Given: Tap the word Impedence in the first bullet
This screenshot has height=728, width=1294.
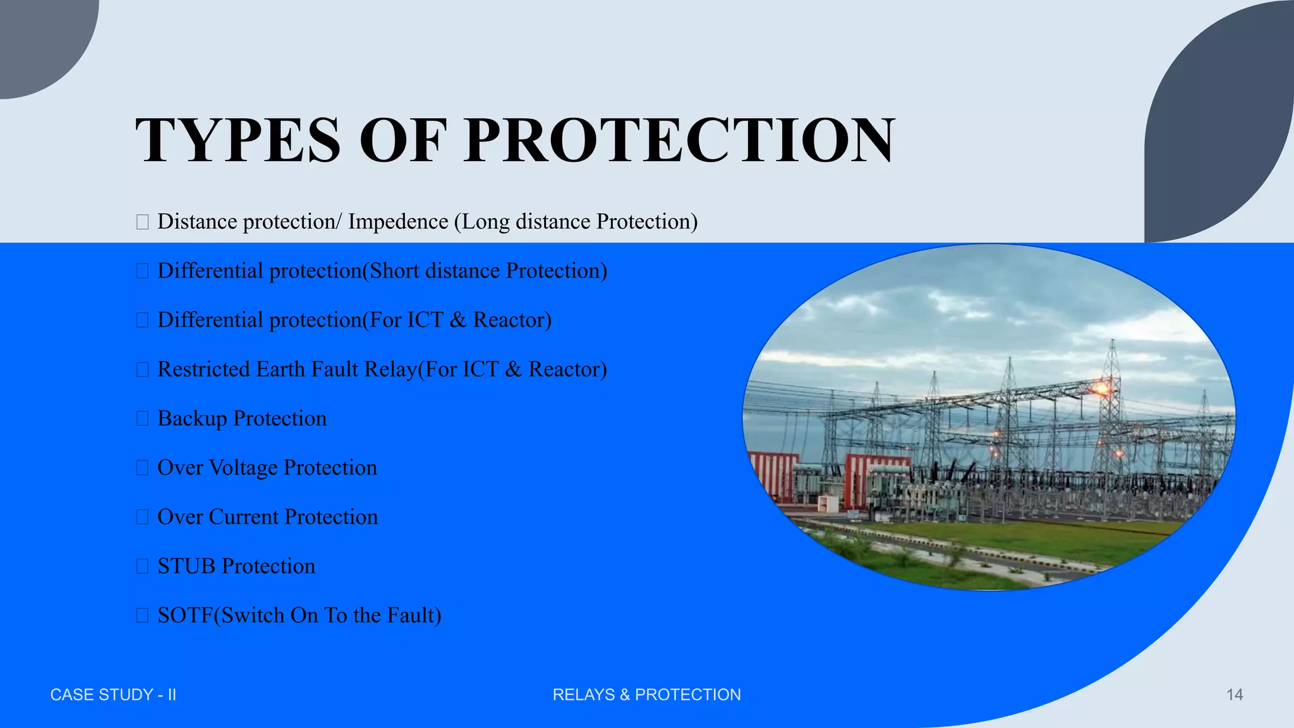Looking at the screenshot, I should tap(398, 222).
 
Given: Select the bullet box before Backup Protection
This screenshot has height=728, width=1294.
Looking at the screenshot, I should tap(142, 418).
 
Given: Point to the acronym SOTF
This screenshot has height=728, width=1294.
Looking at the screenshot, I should tap(184, 616).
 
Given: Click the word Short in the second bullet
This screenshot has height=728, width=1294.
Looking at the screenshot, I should tap(394, 271).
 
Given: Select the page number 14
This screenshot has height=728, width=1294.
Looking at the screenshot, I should tap(1234, 695).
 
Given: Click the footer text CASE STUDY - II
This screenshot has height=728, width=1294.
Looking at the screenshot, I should tap(113, 695).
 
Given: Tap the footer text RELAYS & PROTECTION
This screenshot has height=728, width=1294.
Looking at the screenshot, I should tap(646, 695).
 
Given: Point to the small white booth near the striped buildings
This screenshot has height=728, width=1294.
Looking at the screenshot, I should tap(826, 503).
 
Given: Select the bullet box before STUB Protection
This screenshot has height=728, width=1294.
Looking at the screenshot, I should tap(142, 566).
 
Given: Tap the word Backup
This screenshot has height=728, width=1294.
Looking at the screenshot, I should tap(192, 418).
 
